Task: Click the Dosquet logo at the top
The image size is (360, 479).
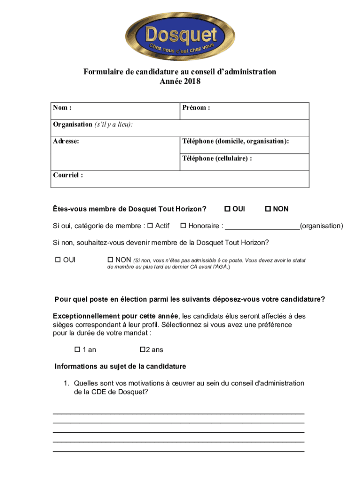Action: pos(180,36)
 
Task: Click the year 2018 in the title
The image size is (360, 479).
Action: pos(192,82)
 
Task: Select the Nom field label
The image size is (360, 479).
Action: pos(62,108)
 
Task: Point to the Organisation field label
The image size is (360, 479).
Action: pos(72,124)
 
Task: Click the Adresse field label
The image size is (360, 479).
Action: pos(66,141)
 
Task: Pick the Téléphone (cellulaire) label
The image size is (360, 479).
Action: pos(217,159)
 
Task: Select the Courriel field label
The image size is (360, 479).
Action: pos(68,175)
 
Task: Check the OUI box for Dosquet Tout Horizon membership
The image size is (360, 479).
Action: pos(228,209)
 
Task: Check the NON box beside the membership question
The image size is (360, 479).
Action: pos(268,209)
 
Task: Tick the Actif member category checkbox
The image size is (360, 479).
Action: pos(150,226)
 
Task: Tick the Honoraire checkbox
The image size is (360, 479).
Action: pos(183,226)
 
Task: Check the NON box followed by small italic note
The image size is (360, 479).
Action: pos(111,260)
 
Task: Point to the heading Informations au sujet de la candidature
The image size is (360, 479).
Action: pos(120,366)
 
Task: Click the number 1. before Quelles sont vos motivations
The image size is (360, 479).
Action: pos(67,384)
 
